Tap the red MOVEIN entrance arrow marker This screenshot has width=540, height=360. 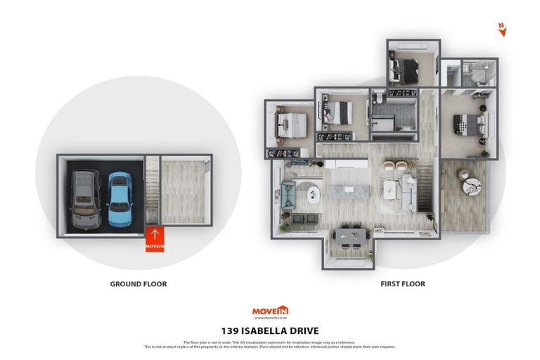pyautogui.click(x=155, y=239)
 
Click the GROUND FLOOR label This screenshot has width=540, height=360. pyautogui.click(x=138, y=284)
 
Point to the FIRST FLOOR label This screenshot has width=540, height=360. pyautogui.click(x=401, y=284)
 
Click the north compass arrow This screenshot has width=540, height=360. pyautogui.click(x=501, y=28)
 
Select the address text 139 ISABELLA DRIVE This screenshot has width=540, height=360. pyautogui.click(x=270, y=330)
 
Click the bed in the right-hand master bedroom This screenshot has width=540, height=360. pyautogui.click(x=470, y=124)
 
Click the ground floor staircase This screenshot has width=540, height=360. pyautogui.click(x=152, y=193)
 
